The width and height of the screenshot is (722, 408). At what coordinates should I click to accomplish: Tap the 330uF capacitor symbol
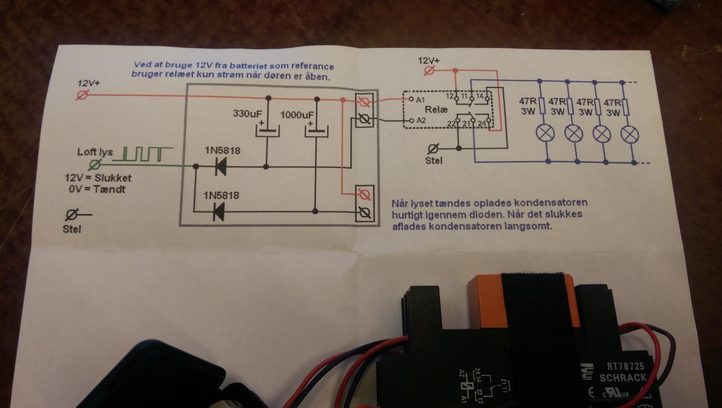point(267,130)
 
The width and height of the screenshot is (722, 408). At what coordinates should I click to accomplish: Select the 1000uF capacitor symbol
point(316,131)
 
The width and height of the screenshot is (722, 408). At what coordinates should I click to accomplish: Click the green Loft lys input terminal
point(96,165)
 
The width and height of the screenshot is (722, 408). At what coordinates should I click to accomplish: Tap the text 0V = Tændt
point(96,189)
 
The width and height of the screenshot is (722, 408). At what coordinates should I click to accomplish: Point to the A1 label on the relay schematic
point(420,100)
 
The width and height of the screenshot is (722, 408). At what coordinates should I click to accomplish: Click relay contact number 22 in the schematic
point(451,124)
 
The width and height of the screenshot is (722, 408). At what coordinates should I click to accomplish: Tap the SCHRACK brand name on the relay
point(622,378)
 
